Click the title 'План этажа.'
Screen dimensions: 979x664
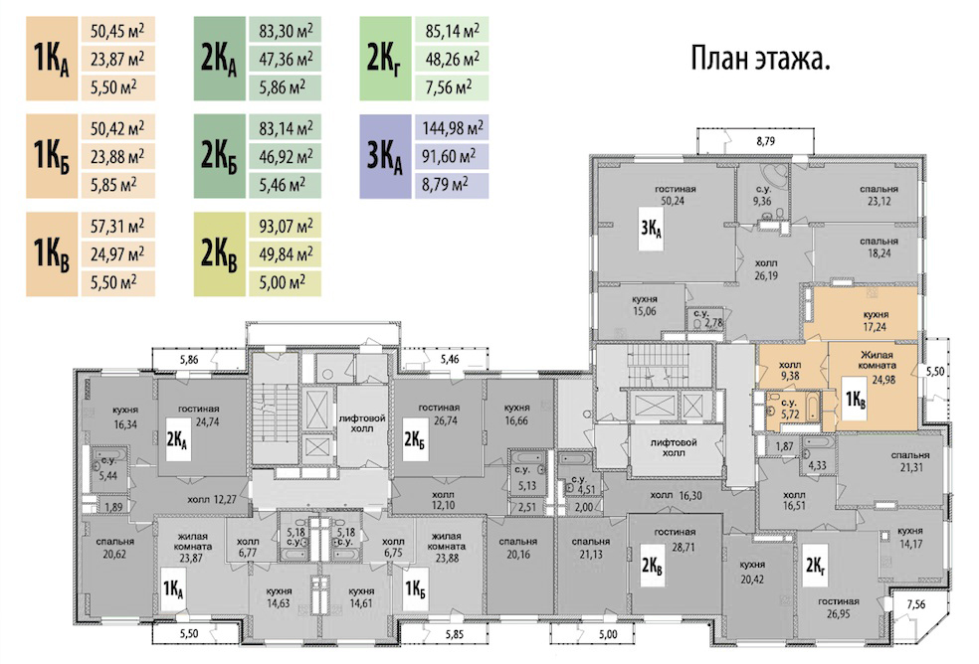tap(760, 60)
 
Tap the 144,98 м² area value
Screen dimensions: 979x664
tap(452, 128)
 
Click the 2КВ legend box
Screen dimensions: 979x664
tap(219, 254)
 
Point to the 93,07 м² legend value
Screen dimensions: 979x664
tap(286, 226)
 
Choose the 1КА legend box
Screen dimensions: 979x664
tap(52, 59)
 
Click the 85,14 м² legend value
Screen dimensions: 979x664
tap(452, 30)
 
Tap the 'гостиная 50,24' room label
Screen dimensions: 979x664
tap(675, 195)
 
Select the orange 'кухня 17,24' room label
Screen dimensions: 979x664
tap(876, 321)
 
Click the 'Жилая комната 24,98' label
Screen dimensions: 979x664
tap(877, 367)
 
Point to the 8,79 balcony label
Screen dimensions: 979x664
tap(765, 141)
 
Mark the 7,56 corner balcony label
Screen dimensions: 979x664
tap(916, 604)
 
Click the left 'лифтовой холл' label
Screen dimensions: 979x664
tap(362, 423)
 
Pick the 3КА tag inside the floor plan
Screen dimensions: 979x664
tap(651, 229)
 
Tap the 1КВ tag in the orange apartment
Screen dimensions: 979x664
tap(855, 399)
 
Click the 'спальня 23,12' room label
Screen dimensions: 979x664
tap(879, 195)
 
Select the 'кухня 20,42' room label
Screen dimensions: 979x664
tap(752, 572)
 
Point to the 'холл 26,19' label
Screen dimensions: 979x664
tap(766, 269)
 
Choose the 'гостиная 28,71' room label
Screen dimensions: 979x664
tap(675, 539)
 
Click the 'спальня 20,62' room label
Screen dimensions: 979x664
tap(114, 548)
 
